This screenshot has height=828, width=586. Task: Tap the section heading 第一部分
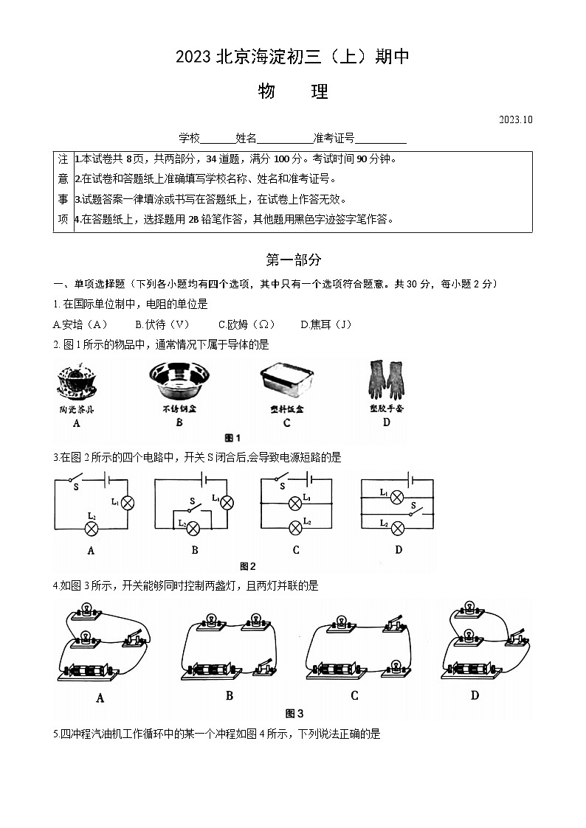293,260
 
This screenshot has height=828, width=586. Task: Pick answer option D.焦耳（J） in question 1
326,324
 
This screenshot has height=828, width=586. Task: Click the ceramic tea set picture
76,382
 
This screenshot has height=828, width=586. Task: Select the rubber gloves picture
386,381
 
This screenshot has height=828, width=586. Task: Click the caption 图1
232,437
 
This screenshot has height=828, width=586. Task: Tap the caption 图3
294,713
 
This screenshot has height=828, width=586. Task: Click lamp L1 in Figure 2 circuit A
127,503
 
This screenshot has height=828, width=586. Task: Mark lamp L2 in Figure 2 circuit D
396,526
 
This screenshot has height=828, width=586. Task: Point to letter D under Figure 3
475,695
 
